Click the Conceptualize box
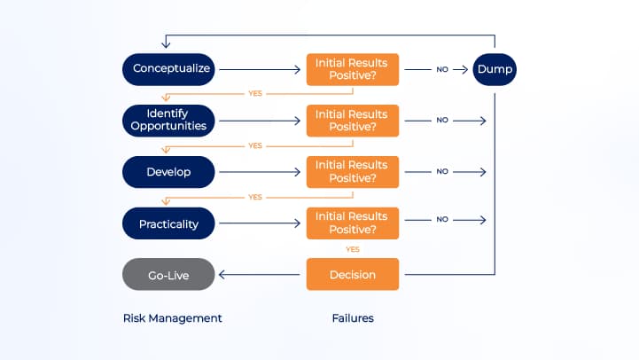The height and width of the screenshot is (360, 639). point(168,68)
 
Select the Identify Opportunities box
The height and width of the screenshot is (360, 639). point(168,120)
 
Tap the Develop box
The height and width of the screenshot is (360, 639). point(168,171)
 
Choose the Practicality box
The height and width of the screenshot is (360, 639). point(168,223)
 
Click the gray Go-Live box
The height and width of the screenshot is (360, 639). point(168,275)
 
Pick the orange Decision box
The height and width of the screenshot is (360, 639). point(353,275)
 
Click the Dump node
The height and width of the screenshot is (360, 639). point(494,68)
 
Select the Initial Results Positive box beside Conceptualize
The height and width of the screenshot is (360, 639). point(353,68)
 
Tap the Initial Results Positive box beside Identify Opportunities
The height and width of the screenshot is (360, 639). point(353,120)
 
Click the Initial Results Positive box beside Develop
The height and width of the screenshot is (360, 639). point(353,171)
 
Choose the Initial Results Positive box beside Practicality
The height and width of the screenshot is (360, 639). point(353,223)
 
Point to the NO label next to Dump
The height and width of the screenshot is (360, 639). point(441,68)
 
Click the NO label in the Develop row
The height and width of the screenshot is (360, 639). point(441,172)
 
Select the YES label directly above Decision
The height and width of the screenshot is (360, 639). point(353,249)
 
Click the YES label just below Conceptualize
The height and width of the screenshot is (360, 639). point(255,93)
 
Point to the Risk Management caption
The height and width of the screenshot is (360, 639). point(172,317)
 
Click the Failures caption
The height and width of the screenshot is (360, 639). point(353,317)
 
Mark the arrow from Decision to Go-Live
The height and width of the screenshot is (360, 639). point(261,275)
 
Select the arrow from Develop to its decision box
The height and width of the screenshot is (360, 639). point(261,171)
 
